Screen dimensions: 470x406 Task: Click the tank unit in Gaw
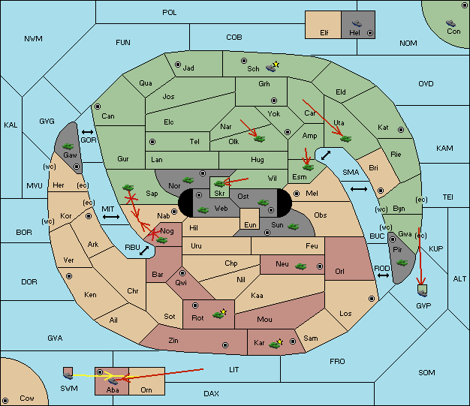(x=68, y=146)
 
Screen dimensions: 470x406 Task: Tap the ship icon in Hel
(x=357, y=23)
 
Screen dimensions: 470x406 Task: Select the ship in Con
(x=450, y=23)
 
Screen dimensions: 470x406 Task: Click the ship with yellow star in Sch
(x=273, y=67)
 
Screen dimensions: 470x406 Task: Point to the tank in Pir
(x=402, y=263)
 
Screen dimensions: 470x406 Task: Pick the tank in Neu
(x=300, y=266)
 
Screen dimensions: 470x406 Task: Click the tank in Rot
(x=219, y=314)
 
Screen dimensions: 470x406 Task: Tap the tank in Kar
(x=276, y=344)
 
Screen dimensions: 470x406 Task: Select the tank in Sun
(x=293, y=227)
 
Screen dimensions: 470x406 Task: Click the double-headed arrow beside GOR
(x=88, y=132)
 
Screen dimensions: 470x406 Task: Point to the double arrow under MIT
(x=111, y=217)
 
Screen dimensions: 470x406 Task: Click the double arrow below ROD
(x=383, y=275)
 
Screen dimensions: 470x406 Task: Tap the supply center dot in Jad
(x=178, y=65)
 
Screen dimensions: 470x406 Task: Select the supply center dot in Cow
(x=5, y=401)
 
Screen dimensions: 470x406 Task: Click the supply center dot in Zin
(x=225, y=345)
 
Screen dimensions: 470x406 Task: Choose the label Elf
(x=324, y=33)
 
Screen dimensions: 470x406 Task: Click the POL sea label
(x=170, y=13)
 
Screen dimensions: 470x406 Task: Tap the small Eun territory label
(x=250, y=225)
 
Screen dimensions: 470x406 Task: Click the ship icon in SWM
(x=68, y=374)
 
